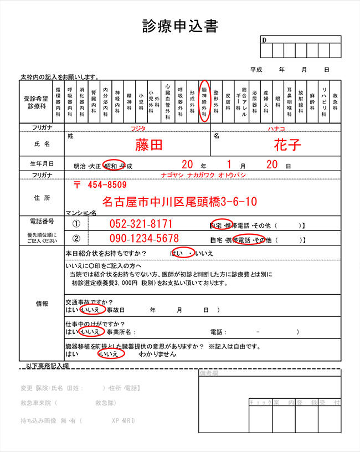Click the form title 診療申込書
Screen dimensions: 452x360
(x=180, y=26)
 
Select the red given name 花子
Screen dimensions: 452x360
(x=287, y=145)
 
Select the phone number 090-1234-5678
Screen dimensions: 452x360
(x=142, y=239)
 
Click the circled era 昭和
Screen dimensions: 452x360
(x=113, y=166)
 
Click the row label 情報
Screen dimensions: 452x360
(x=42, y=304)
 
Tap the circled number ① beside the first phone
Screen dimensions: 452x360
(x=77, y=224)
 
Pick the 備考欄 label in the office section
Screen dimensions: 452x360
(x=211, y=373)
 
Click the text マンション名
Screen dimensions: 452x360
(x=81, y=212)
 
